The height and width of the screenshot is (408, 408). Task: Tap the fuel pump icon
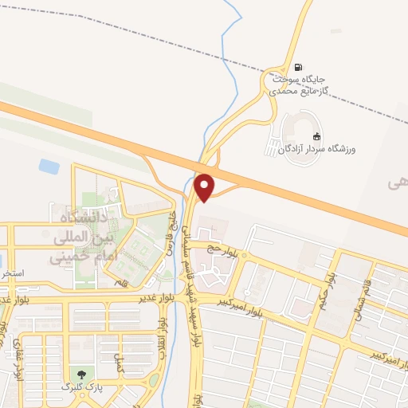click(x=297, y=67)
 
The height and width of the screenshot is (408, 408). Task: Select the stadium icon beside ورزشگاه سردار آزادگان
click(x=316, y=136)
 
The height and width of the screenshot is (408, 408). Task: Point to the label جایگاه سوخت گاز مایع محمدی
click(x=299, y=85)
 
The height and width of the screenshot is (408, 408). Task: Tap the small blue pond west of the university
click(x=49, y=167)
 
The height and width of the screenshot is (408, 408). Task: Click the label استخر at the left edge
click(x=11, y=273)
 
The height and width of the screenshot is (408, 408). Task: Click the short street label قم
click(x=120, y=283)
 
